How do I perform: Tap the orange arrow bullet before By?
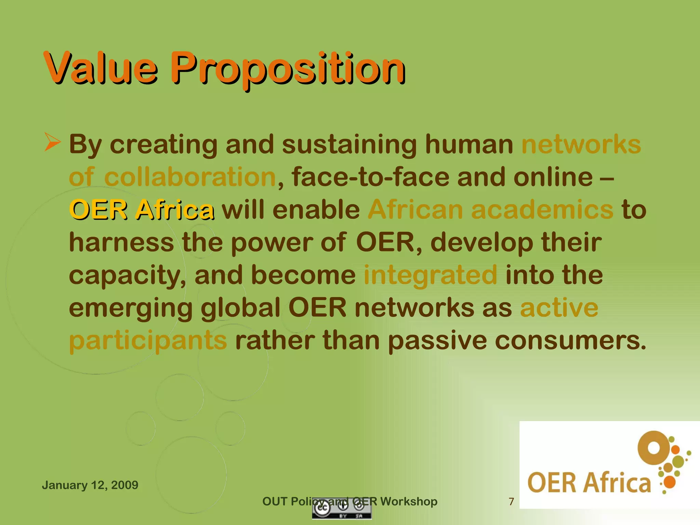coord(52,143)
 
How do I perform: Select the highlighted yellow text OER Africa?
coord(142,210)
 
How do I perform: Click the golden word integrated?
coord(430,275)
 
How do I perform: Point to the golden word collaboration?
coord(190,177)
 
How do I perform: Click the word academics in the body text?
coord(542,210)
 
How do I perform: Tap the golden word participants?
coord(148,340)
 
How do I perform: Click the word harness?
coord(121,242)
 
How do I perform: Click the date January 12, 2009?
coord(90,485)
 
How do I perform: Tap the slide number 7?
coord(511,501)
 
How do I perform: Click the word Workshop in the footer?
coord(408,501)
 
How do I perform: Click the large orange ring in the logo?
coord(654,448)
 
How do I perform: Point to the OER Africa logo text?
coord(589,483)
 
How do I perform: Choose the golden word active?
coord(559,308)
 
